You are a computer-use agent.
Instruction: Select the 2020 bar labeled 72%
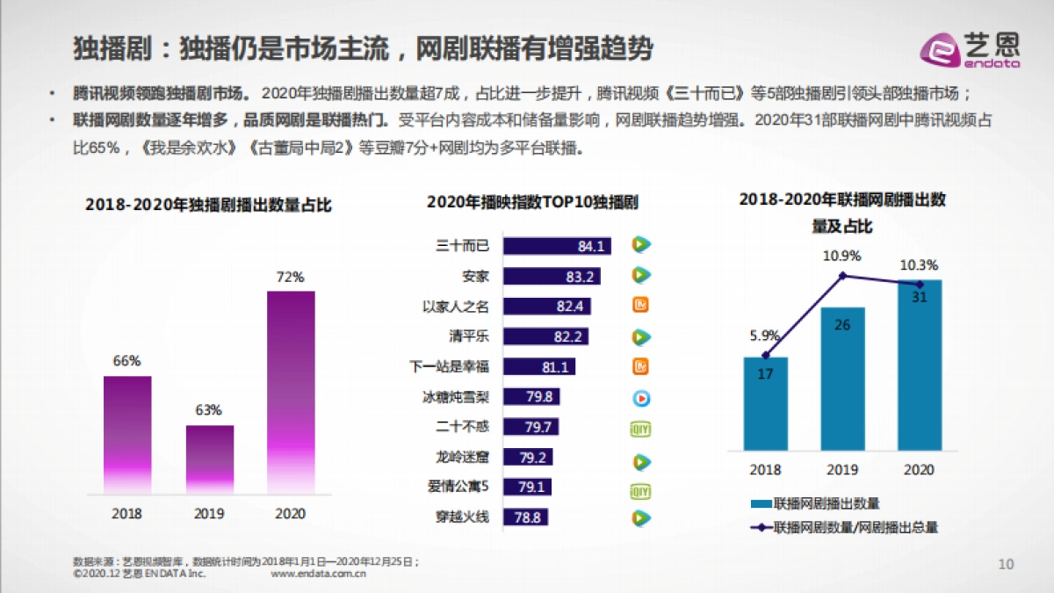click(x=290, y=391)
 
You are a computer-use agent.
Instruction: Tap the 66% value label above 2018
click(x=126, y=361)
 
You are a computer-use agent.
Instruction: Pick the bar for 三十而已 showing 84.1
click(x=556, y=246)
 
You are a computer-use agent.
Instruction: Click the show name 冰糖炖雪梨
click(x=456, y=397)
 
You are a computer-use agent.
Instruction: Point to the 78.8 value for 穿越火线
click(x=528, y=517)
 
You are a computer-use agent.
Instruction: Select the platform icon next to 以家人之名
click(x=642, y=306)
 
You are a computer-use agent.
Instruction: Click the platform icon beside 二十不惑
click(x=642, y=428)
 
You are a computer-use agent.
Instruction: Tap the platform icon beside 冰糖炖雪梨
click(x=642, y=397)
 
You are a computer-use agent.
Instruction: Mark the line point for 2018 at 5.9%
click(x=766, y=355)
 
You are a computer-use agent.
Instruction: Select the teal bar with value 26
click(x=842, y=378)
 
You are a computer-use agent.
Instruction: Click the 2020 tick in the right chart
click(x=920, y=470)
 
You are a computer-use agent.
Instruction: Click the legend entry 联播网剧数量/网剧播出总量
click(x=843, y=528)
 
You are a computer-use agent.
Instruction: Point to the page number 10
click(x=1007, y=563)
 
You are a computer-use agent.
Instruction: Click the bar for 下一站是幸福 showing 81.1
click(x=539, y=366)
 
